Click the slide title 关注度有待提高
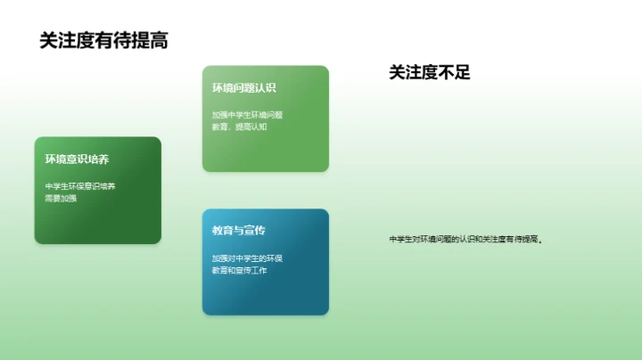[x=104, y=40]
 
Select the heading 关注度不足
[x=429, y=73]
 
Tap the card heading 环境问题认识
[x=243, y=88]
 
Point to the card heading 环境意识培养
[x=78, y=160]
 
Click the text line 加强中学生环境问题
[x=247, y=115]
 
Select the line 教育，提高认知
[x=239, y=127]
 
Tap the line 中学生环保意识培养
[x=80, y=186]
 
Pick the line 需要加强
[x=62, y=198]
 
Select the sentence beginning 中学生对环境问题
[x=466, y=239]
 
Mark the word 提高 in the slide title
[x=151, y=40]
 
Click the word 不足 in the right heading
[x=454, y=73]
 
